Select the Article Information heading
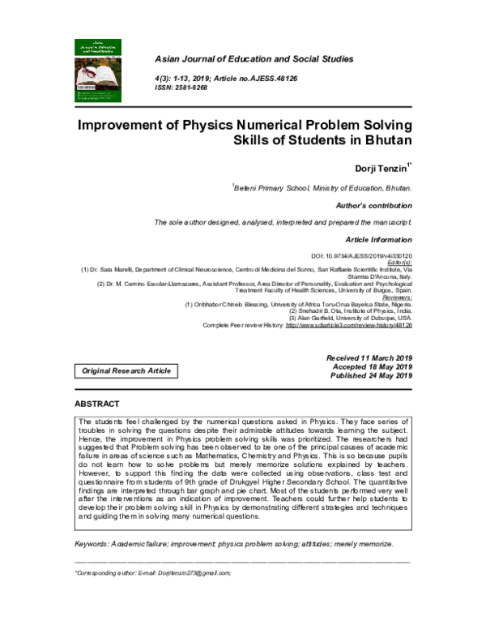click(x=378, y=240)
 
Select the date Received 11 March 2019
click(x=369, y=357)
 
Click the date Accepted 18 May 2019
click(x=373, y=366)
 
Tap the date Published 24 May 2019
click(x=372, y=375)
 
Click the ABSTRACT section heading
click(x=97, y=404)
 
